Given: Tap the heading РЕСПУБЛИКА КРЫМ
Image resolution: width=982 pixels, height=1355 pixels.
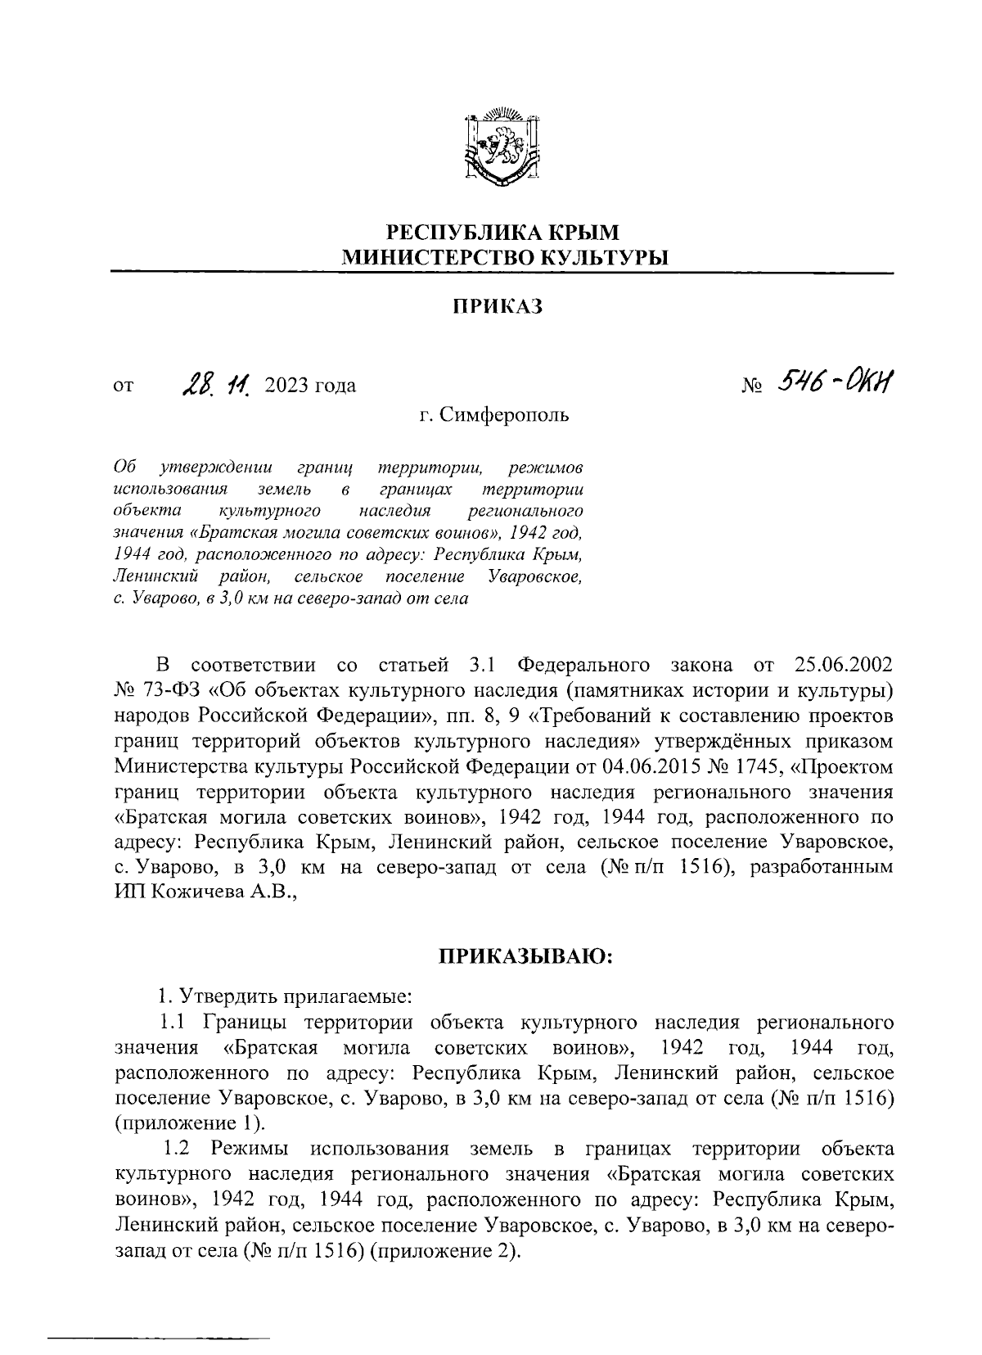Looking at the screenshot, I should pyautogui.click(x=503, y=233).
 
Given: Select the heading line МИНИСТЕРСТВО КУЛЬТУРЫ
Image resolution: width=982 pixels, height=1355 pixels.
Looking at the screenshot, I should pyautogui.click(x=504, y=258).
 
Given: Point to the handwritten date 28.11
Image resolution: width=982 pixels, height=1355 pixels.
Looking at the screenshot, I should pyautogui.click(x=217, y=382).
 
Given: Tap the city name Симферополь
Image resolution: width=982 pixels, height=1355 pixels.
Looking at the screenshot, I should pyautogui.click(x=505, y=415).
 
